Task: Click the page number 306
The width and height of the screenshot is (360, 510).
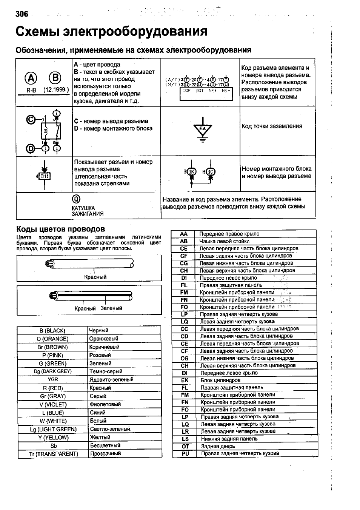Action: (x=22, y=14)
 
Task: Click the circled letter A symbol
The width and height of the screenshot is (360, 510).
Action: (x=31, y=78)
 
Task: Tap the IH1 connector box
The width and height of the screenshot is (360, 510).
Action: (x=45, y=176)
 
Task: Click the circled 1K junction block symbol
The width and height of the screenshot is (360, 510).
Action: (x=192, y=172)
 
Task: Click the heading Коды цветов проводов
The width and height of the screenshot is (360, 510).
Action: (x=60, y=229)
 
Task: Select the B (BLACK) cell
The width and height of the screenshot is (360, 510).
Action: (x=52, y=331)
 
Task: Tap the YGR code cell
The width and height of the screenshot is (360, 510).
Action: (x=53, y=379)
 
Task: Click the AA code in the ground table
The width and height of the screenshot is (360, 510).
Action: (x=184, y=234)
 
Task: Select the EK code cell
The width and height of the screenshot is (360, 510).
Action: (x=185, y=380)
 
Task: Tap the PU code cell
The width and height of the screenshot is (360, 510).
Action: (x=185, y=453)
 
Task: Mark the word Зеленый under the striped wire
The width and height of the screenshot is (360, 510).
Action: (x=111, y=308)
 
